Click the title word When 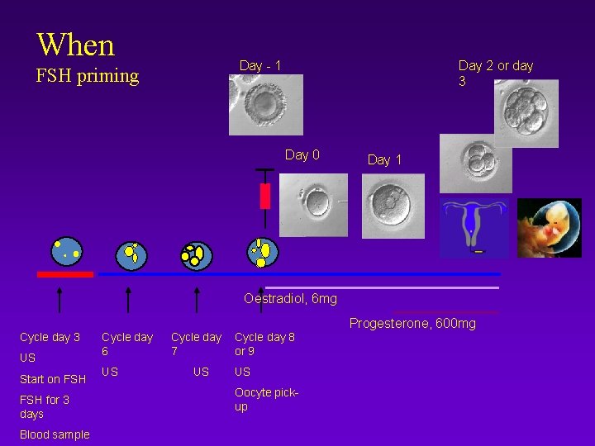click(75, 44)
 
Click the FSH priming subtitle click(88, 76)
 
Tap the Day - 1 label click(260, 65)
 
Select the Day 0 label click(302, 154)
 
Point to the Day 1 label click(384, 159)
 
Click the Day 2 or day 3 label click(496, 73)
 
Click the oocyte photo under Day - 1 click(265, 105)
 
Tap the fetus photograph click(549, 227)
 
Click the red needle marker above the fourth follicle click(265, 195)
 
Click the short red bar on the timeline click(65, 273)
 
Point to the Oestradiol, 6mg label click(290, 298)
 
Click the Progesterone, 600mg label click(412, 323)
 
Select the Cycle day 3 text click(50, 337)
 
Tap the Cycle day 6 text click(126, 344)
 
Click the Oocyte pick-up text click(266, 399)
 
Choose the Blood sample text click(55, 434)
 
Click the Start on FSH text click(53, 379)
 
